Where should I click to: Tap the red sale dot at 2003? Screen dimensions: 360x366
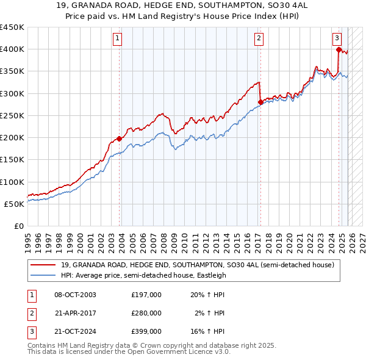tap(120, 139)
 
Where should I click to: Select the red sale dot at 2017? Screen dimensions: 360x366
tap(260, 102)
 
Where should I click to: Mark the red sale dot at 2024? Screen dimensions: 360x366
tap(339, 49)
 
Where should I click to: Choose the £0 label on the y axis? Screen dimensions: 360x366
tap(18, 226)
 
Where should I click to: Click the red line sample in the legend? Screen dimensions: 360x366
tap(43, 265)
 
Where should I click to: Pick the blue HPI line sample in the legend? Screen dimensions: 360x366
tap(43, 275)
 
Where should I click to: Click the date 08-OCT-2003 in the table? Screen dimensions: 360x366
tap(75, 295)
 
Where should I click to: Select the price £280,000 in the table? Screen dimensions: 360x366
tap(146, 313)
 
